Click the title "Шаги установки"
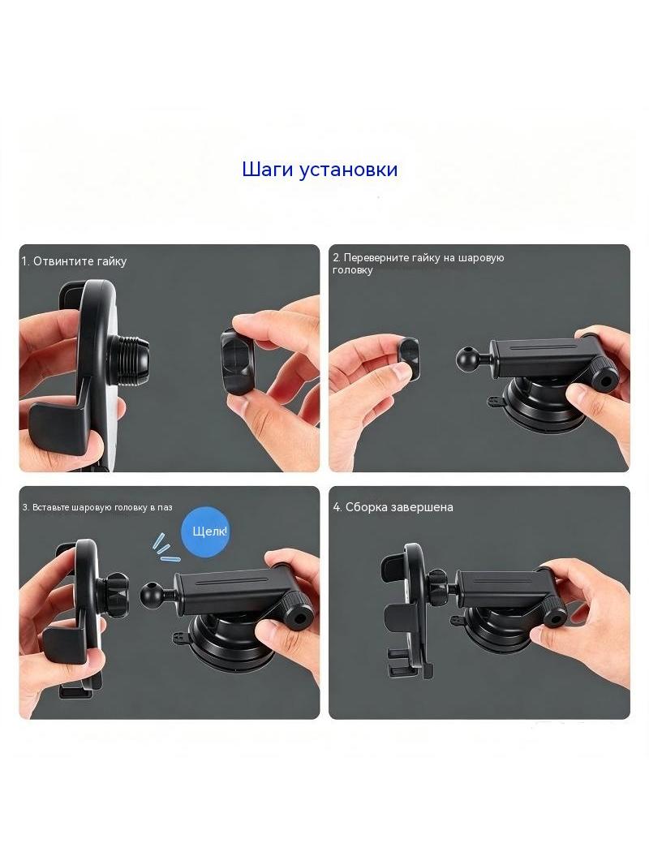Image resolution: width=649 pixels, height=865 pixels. [x=320, y=170]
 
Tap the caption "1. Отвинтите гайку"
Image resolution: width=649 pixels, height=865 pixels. [x=75, y=261]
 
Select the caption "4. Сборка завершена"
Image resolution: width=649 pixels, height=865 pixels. [x=393, y=507]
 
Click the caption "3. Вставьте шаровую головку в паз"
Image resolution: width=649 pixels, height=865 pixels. [x=97, y=507]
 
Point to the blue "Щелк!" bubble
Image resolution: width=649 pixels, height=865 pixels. [x=205, y=531]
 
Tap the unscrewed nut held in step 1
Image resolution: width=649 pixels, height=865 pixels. [x=237, y=361]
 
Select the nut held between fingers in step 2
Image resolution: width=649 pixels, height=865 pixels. [x=407, y=359]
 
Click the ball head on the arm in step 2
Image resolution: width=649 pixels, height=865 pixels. [x=466, y=359]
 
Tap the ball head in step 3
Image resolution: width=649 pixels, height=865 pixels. [x=151, y=594]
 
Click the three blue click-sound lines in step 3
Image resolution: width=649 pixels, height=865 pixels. [x=163, y=547]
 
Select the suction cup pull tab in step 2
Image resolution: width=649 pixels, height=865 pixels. [x=495, y=402]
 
